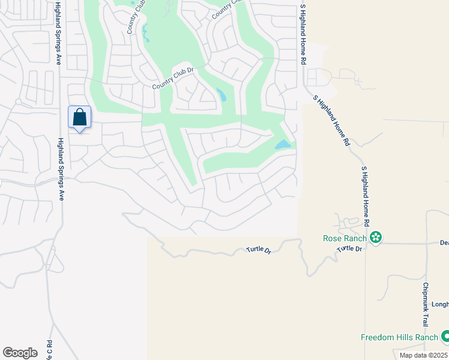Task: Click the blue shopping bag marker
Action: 79,118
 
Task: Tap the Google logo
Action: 20,353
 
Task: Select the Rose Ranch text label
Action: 345,238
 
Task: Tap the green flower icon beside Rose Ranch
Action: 376,238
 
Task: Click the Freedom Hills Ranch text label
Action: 399,337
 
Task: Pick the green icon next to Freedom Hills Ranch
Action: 445,337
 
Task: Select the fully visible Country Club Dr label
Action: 174,79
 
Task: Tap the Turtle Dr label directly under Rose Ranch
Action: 350,248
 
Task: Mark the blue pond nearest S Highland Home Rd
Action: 282,145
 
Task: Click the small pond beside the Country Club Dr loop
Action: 221,95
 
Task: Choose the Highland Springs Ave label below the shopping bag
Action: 60,170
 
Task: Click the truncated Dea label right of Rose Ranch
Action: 444,243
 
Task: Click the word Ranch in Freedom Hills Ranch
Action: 426,337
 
